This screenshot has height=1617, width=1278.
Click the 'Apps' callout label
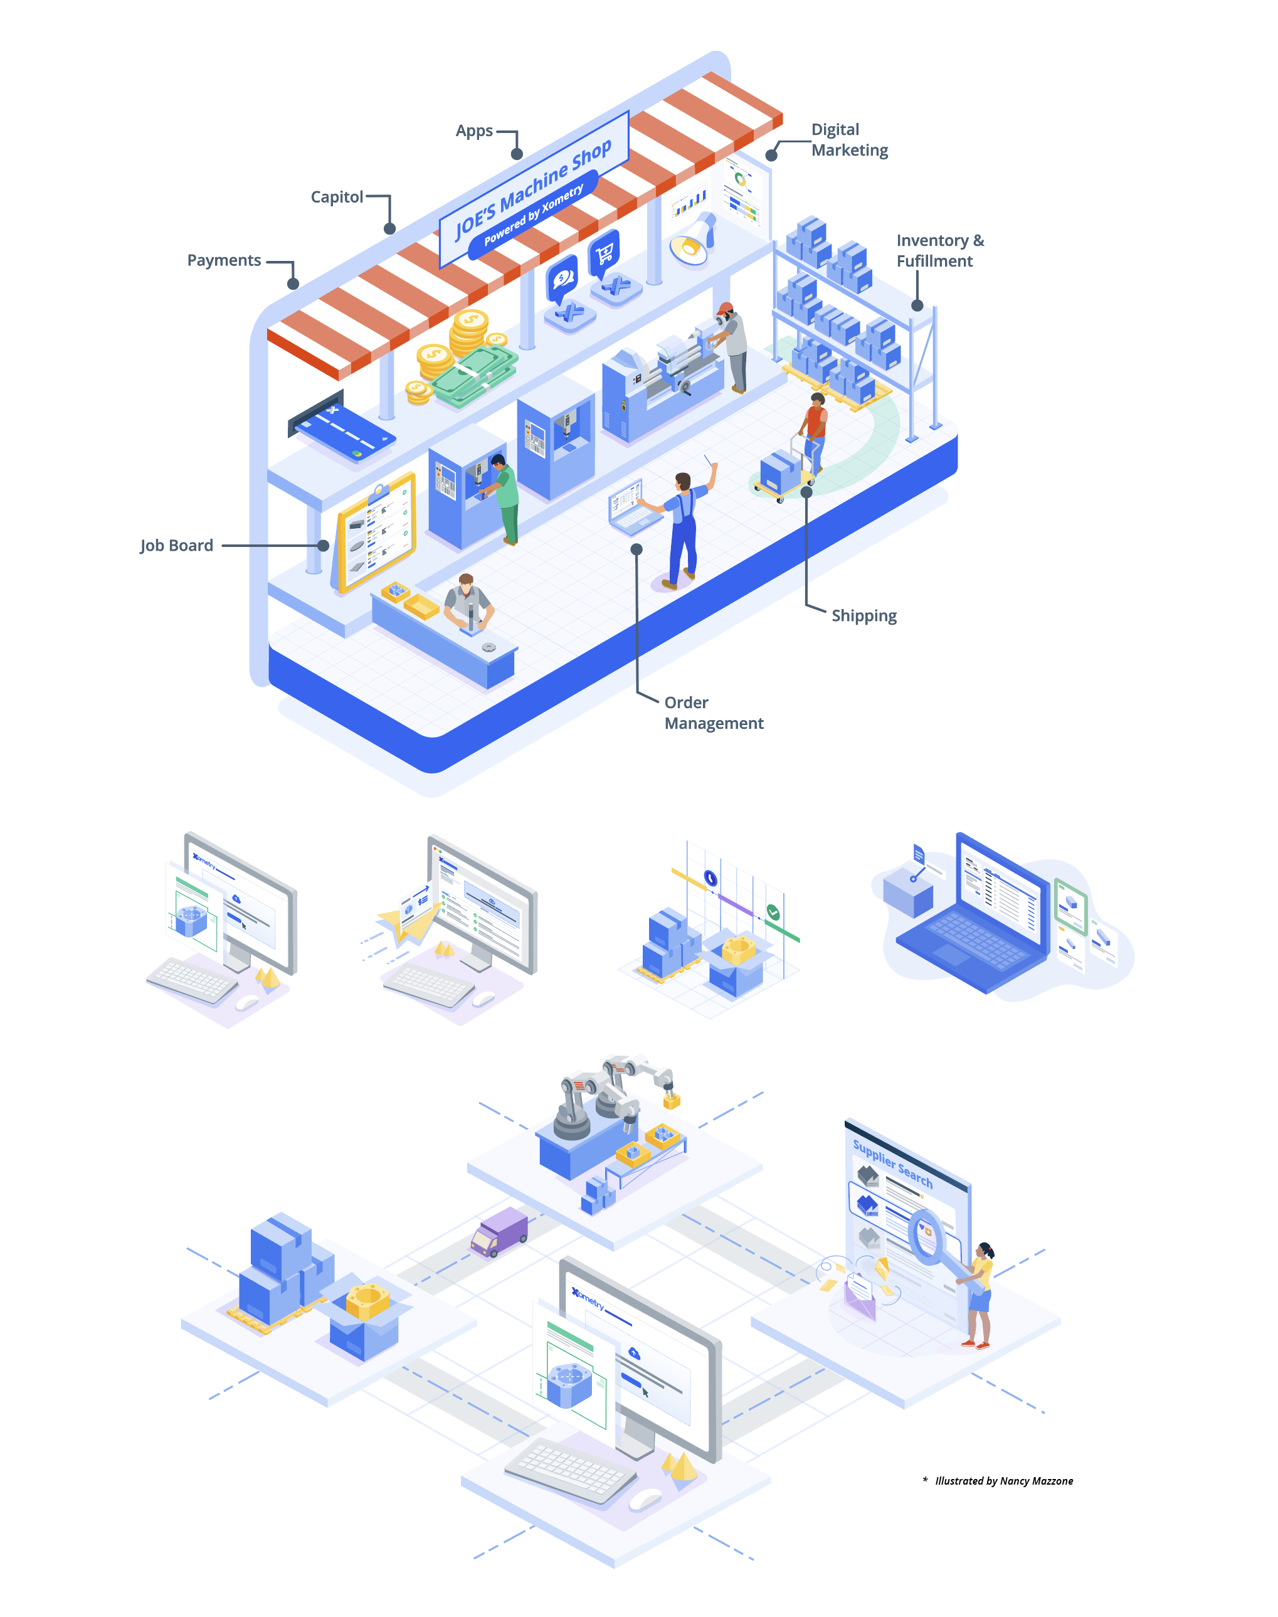coord(473,131)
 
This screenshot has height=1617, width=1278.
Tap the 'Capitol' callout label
coord(337,197)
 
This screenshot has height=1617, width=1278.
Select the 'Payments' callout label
coord(224,260)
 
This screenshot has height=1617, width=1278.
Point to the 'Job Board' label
coord(177,546)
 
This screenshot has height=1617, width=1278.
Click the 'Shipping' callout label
coord(863,616)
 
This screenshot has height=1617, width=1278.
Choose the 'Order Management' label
coord(713,713)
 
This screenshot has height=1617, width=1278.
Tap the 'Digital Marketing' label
coord(849,140)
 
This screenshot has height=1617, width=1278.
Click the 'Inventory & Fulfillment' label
coord(940,251)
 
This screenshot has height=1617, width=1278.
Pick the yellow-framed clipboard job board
coord(376,531)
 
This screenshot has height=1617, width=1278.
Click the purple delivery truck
coord(500,1231)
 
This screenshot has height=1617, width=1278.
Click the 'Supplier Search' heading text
coord(892,1162)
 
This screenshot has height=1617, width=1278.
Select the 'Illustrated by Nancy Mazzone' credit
coord(1003,1481)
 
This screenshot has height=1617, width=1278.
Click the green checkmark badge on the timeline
coord(773,912)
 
